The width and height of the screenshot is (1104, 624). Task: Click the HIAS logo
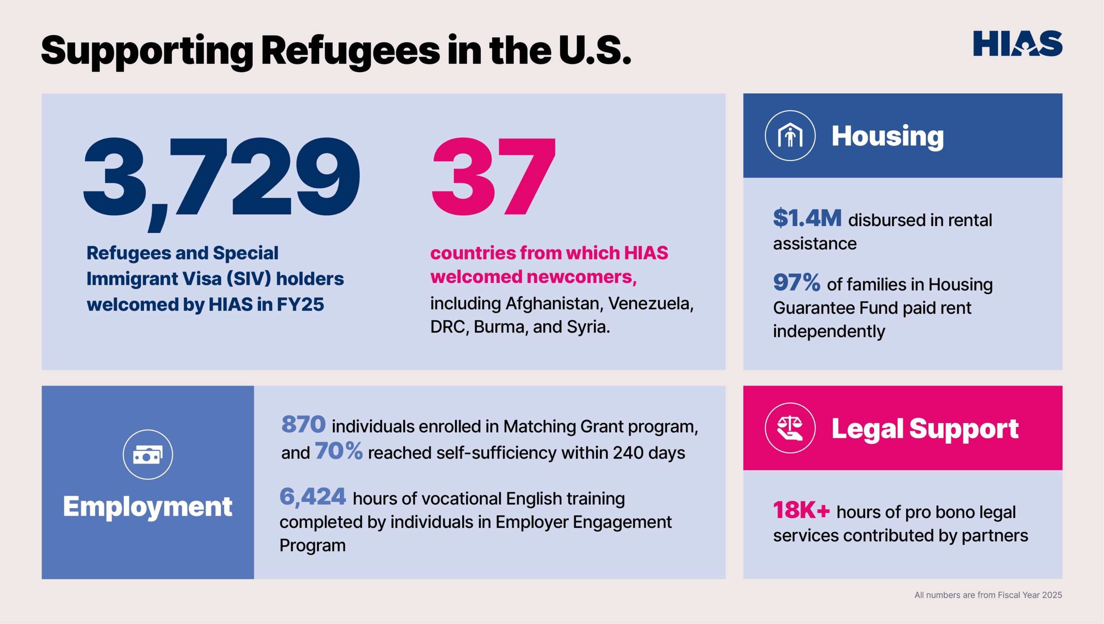1017,44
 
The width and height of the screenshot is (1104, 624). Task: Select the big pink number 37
493,177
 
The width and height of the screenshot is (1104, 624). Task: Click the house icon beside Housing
790,136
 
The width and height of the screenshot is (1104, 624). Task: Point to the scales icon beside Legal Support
790,428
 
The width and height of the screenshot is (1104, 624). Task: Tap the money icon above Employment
147,455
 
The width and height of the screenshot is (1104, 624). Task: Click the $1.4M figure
807,218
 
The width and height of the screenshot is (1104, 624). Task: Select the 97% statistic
796,283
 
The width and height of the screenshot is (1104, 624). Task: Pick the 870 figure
303,424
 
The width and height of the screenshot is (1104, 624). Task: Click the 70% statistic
339,452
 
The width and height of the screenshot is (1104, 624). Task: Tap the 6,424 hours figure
313,497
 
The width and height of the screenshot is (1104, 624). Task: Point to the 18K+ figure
801,511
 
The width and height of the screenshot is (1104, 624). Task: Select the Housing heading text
888,136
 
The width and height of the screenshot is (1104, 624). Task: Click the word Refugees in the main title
351,51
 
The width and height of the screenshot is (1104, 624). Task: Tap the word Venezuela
650,304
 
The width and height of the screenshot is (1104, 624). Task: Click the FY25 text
300,304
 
